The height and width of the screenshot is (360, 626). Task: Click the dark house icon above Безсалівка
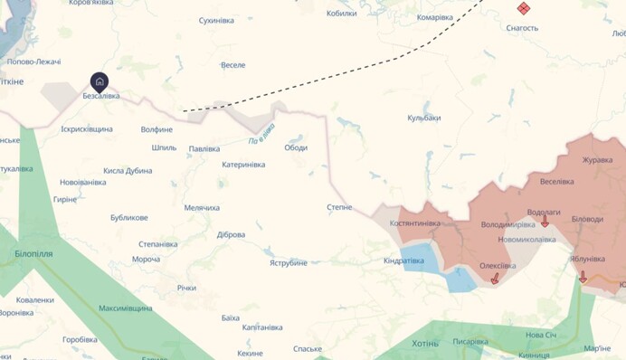click(100, 81)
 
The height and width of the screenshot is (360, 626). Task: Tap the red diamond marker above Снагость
click(523, 9)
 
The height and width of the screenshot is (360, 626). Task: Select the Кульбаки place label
click(423, 118)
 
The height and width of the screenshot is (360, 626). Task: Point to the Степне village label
click(339, 207)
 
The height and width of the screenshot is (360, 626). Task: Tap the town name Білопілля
click(33, 254)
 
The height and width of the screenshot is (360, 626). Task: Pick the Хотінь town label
click(424, 344)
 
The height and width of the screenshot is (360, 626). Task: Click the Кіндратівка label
click(403, 261)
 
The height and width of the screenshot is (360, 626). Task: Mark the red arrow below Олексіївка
click(495, 279)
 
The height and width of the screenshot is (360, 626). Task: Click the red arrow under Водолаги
click(545, 223)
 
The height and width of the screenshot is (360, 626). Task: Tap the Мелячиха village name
click(202, 208)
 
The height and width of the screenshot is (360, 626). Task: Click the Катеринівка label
click(243, 165)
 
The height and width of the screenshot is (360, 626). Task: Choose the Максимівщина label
click(126, 308)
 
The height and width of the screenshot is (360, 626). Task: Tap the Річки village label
click(186, 288)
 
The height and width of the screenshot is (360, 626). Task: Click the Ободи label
click(296, 148)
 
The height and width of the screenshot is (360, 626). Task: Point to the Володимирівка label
click(508, 223)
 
